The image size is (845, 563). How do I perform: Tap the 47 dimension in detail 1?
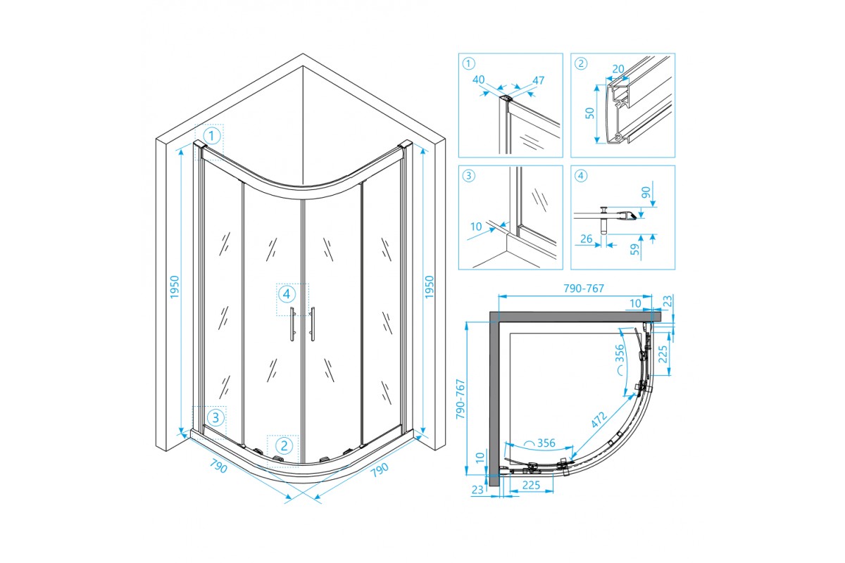[539, 80]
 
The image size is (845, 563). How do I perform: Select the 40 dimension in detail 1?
[480, 80]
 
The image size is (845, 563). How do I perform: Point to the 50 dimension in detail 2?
[590, 112]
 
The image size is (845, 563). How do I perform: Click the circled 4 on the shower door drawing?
[286, 293]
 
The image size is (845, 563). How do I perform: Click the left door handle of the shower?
[292, 324]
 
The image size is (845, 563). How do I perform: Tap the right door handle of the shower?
[312, 324]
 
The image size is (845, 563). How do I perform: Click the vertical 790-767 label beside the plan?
[461, 399]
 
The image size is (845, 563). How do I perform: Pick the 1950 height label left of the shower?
[176, 286]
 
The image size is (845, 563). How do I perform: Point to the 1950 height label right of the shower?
[430, 286]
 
